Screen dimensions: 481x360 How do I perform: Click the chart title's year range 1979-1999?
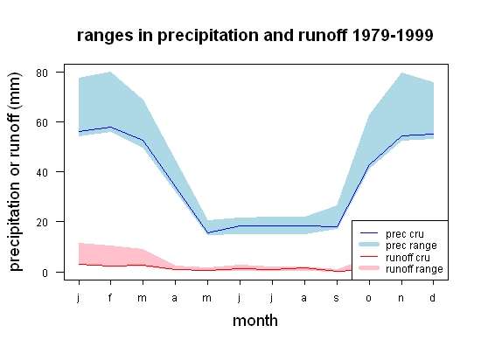coord(393,35)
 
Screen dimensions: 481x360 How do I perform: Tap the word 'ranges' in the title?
coord(105,37)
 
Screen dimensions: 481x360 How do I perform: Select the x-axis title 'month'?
coord(255,321)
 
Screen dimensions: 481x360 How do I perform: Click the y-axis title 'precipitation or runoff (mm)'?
coord(15,172)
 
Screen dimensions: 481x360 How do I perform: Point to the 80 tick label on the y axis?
coord(42,73)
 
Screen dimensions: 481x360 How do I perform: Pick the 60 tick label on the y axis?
coord(42,123)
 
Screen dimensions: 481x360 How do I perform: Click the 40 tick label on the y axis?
coord(42,172)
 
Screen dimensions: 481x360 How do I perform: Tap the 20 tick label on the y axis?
coord(42,223)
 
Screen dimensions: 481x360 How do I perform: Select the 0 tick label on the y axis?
coord(45,273)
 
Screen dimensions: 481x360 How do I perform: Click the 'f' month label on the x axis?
coord(110,297)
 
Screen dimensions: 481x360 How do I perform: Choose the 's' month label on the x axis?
coord(337,298)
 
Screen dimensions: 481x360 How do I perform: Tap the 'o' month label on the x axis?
coord(369,298)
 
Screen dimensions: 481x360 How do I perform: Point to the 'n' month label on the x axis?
coord(401,298)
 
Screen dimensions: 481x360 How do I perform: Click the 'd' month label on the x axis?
coord(433,297)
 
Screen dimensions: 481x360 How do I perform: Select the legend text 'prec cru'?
coord(405,234)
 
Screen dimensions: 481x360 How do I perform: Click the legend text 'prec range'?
coord(411,246)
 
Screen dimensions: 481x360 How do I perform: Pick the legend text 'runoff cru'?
coord(408,258)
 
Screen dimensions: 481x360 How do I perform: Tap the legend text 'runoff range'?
coord(415,269)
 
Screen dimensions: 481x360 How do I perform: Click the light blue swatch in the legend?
coord(369,245)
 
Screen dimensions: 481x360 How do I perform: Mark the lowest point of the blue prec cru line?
coord(207,233)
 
